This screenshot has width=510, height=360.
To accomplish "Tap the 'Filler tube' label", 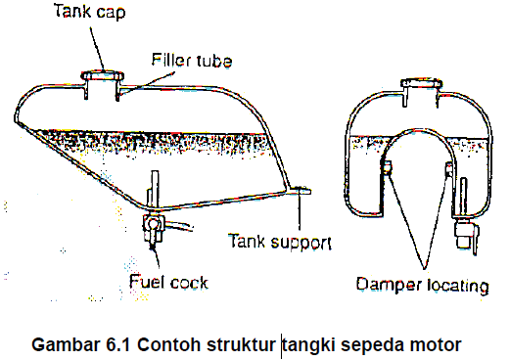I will coord(191,61).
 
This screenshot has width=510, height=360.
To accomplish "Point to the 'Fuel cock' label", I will coord(168,285).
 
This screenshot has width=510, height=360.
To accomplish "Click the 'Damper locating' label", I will coord(421,287).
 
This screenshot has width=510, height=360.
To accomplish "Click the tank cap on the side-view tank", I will coord(99,74).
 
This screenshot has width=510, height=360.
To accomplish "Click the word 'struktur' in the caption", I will coord(242,344).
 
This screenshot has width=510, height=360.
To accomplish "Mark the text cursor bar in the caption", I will coord(282,345).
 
